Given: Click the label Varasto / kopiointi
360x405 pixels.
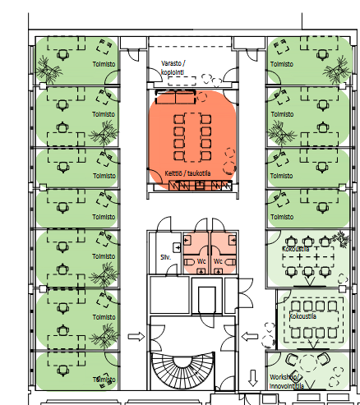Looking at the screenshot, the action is (x=173, y=67).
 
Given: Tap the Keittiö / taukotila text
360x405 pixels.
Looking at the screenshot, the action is (x=187, y=173).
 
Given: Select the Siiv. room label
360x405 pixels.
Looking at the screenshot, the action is (x=165, y=257).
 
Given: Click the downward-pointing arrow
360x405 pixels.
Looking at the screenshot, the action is (x=253, y=378).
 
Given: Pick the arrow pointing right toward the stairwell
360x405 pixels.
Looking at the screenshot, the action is (x=136, y=337).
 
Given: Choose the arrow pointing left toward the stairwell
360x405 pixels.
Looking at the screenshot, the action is (x=250, y=337).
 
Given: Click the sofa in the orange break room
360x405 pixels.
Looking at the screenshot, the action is (x=176, y=97).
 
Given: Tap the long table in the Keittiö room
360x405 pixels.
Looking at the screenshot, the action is (x=193, y=137).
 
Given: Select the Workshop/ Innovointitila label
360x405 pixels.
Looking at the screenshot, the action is (x=287, y=382).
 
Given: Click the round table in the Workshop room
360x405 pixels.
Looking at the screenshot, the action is (x=308, y=363).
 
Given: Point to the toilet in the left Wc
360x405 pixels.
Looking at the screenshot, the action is (x=189, y=262).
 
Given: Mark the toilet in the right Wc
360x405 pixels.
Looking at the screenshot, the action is (x=230, y=262).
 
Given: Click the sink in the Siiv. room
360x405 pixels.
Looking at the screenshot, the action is (x=177, y=247).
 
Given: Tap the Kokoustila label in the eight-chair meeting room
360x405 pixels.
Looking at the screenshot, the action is (x=302, y=316).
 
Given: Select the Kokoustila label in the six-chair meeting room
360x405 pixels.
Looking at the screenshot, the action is (x=296, y=249).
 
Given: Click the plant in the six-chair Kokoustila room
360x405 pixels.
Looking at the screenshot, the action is (x=341, y=237).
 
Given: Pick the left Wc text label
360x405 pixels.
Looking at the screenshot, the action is (x=201, y=261).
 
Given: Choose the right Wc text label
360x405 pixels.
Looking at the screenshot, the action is (x=218, y=261).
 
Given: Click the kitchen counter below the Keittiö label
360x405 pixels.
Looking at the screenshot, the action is (x=201, y=186).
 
